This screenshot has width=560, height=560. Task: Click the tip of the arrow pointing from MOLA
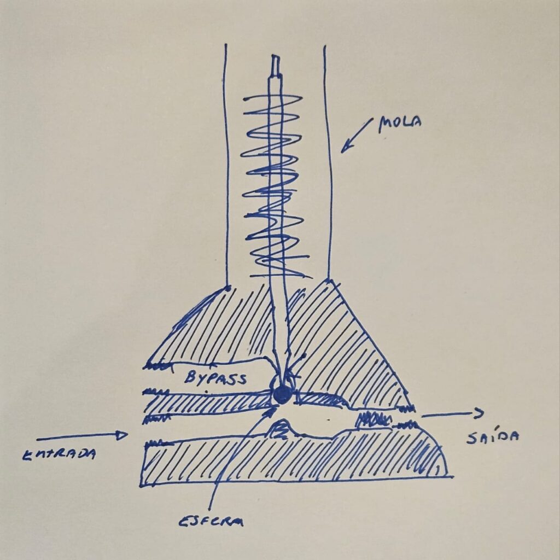[x=341, y=153]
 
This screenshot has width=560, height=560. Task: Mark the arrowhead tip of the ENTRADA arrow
[x=127, y=435]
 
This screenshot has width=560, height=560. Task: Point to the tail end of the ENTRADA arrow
[x=37, y=439]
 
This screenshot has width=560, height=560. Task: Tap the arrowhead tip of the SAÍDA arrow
[x=483, y=413]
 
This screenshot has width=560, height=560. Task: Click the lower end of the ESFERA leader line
[x=209, y=509]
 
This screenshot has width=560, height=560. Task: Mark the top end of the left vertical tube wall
[x=226, y=44]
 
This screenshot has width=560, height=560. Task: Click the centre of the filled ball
[x=282, y=395]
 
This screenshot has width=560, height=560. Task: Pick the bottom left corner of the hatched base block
[x=141, y=486]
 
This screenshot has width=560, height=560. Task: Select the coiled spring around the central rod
[x=275, y=186]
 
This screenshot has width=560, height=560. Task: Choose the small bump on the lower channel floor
[x=282, y=429]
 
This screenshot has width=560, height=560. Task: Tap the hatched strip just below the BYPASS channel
[x=207, y=404]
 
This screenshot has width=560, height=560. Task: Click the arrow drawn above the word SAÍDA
[x=453, y=413]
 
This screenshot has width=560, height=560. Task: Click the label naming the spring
[x=400, y=123]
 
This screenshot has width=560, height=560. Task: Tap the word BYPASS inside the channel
[x=215, y=377]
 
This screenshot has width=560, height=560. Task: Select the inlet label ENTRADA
[x=59, y=454]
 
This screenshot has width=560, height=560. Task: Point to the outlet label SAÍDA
[x=493, y=437]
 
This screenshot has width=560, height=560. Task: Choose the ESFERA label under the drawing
[x=211, y=522]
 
